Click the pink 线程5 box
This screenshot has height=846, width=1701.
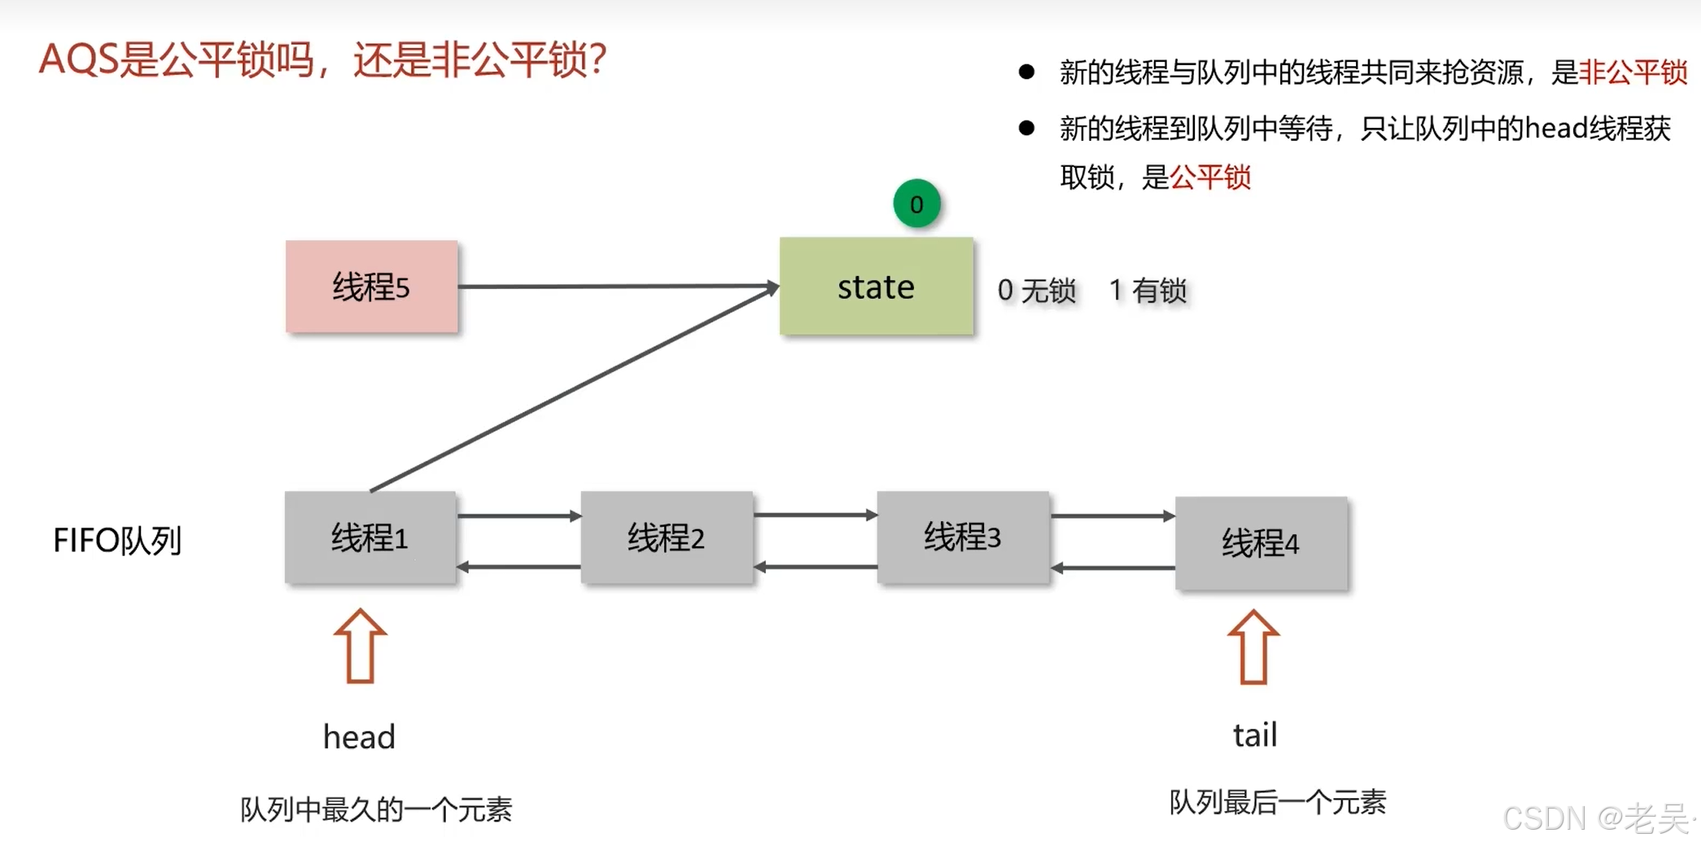tap(371, 287)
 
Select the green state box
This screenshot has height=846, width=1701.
tap(876, 287)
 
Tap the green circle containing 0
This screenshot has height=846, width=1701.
tap(916, 204)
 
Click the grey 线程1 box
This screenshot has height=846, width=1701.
tap(369, 537)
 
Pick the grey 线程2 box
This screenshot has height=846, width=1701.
tap(666, 537)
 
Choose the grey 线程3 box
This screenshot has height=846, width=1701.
tap(962, 537)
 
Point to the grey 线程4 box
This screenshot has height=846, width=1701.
tap(1261, 543)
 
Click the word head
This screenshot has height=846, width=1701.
tap(359, 737)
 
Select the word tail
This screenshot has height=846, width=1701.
tap(1255, 735)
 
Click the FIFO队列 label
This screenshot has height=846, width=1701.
tap(117, 541)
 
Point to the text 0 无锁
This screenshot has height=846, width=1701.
tap(1036, 291)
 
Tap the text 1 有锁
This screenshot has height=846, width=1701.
tap(1148, 291)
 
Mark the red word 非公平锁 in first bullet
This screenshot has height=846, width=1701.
tap(1633, 72)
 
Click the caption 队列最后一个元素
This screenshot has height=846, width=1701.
tap(1278, 803)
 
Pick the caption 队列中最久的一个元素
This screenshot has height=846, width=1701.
tap(376, 810)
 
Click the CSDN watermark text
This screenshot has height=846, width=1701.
tap(1595, 818)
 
